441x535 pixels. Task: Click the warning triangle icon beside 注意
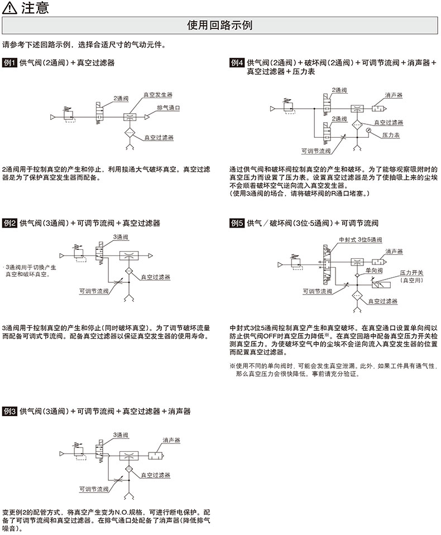(x=10, y=8)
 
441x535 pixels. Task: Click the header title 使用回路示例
(x=220, y=26)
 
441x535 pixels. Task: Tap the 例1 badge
(x=10, y=63)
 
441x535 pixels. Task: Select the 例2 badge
(x=10, y=223)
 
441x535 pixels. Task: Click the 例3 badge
(x=10, y=411)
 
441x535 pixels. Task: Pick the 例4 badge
(x=237, y=63)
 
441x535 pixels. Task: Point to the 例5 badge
(x=237, y=223)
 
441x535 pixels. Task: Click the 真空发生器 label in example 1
(x=159, y=95)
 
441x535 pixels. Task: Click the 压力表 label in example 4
(x=391, y=135)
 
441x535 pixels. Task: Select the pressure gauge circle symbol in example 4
(x=369, y=130)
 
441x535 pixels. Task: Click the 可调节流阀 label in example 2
(x=94, y=291)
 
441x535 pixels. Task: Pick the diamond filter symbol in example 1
(x=129, y=133)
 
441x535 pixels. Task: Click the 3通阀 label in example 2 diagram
(x=121, y=237)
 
